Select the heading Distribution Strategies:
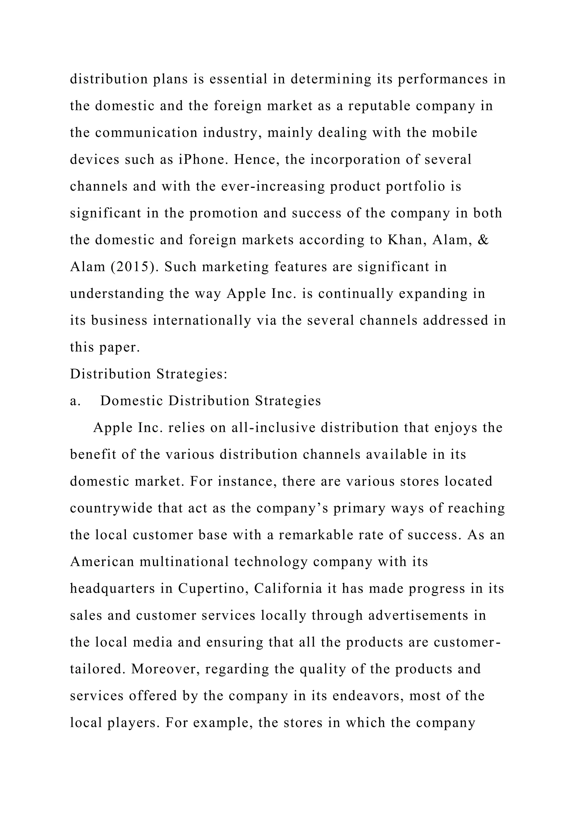click(148, 374)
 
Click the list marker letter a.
click(75, 401)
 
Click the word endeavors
click(368, 696)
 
